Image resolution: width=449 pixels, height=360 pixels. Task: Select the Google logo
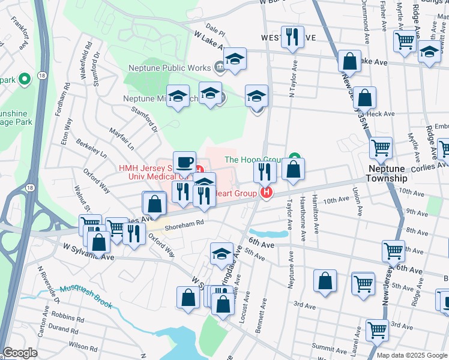pyautogui.click(x=20, y=353)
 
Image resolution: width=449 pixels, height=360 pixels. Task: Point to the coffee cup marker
pyautogui.click(x=185, y=162)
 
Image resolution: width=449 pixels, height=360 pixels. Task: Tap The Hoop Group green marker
pyautogui.click(x=294, y=160)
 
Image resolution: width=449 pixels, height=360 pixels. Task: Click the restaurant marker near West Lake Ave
pyautogui.click(x=292, y=36)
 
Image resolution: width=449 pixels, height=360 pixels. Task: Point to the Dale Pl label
pyautogui.click(x=214, y=29)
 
